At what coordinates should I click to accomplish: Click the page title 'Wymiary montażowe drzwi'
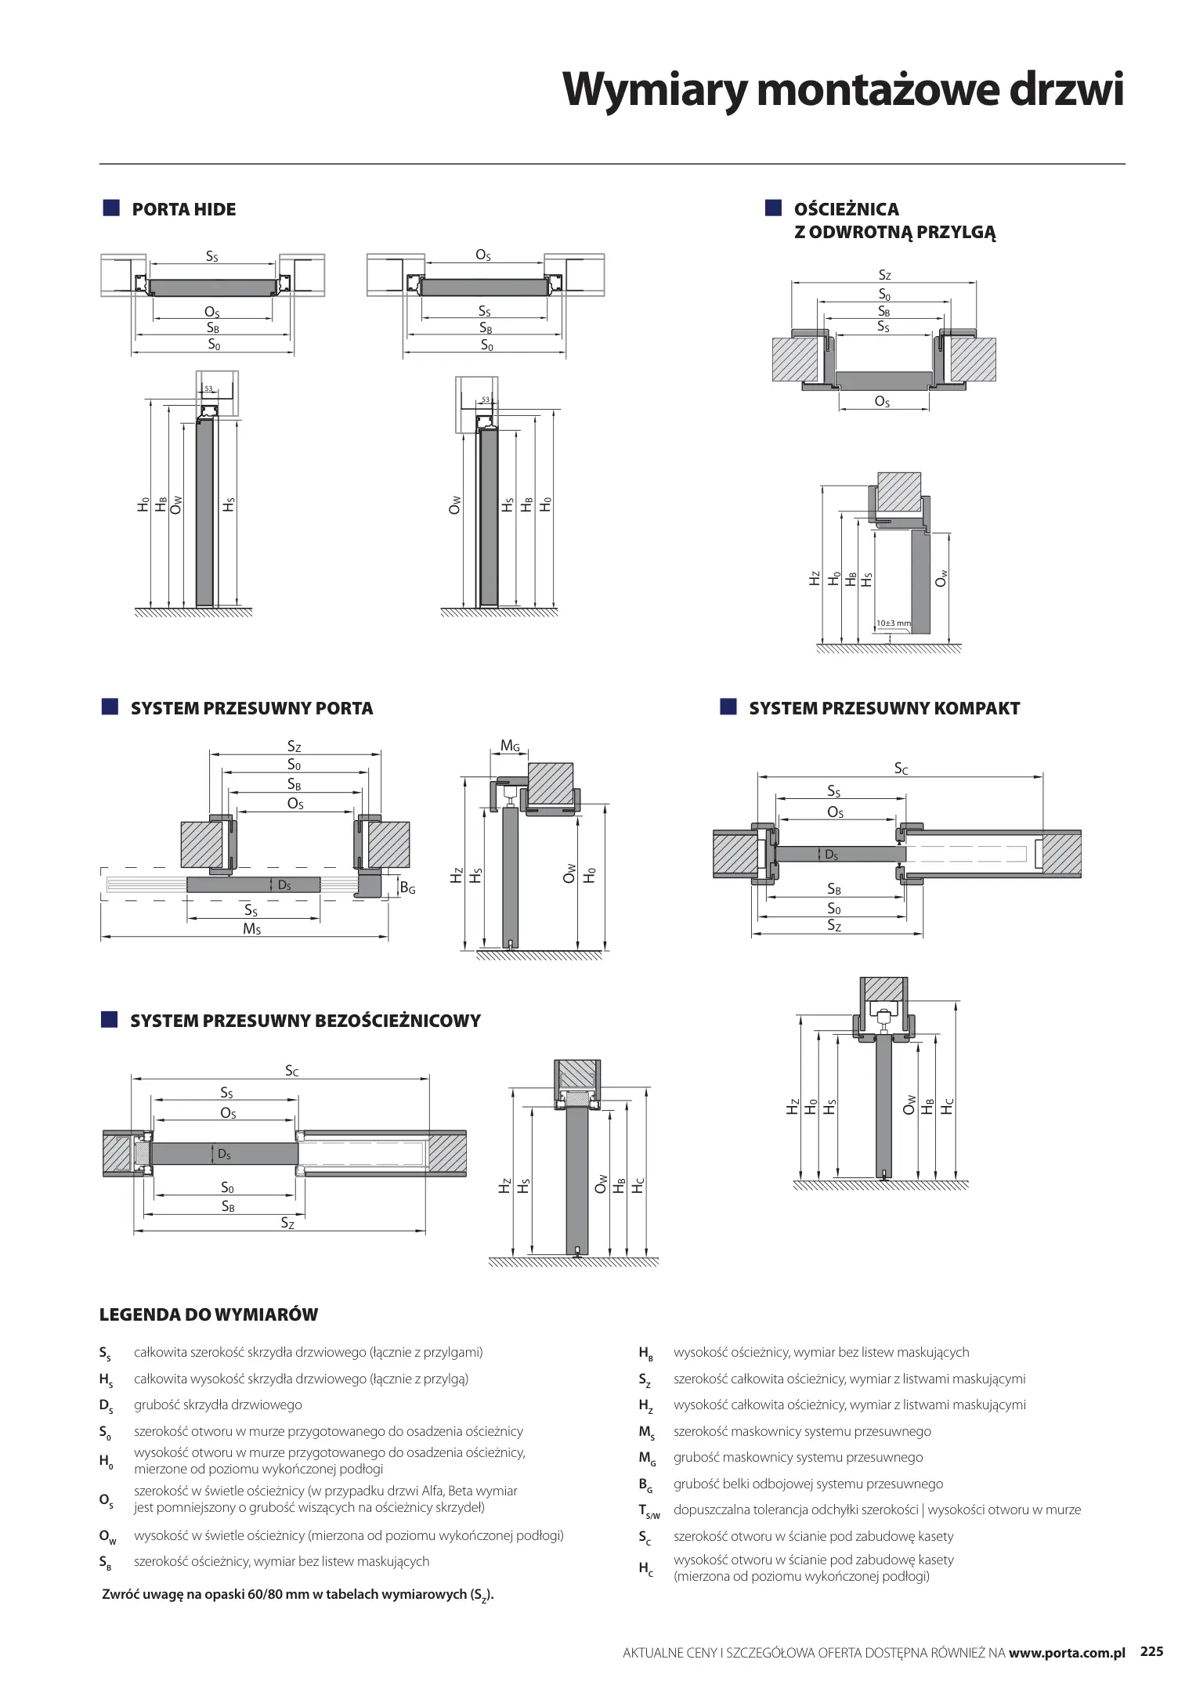[x=843, y=91]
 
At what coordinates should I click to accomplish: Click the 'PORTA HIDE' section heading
[x=183, y=209]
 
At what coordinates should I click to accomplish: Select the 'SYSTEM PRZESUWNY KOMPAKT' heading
[x=884, y=708]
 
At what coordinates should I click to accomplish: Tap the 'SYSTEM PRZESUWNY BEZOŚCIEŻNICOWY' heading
[x=305, y=1021]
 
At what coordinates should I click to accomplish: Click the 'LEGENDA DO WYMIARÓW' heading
[x=208, y=1314]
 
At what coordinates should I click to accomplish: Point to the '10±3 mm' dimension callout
[x=893, y=624]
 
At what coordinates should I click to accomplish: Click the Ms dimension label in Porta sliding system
[x=251, y=929]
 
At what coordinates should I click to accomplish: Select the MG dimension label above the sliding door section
[x=510, y=747]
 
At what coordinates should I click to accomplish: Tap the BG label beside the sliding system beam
[x=407, y=888]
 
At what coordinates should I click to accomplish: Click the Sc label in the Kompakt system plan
[x=902, y=769]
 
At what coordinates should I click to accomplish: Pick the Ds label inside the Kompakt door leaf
[x=831, y=855]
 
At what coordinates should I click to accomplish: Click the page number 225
[x=1151, y=1652]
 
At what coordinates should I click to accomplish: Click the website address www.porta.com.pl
[x=1067, y=1653]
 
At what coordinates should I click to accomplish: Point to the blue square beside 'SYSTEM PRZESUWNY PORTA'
[x=110, y=707]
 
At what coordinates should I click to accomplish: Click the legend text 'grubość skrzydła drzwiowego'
[x=218, y=1405]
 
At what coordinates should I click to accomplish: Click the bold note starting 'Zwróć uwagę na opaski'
[x=298, y=1595]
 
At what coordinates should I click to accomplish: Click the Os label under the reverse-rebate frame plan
[x=882, y=402]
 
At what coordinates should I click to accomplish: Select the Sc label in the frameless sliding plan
[x=291, y=1071]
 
